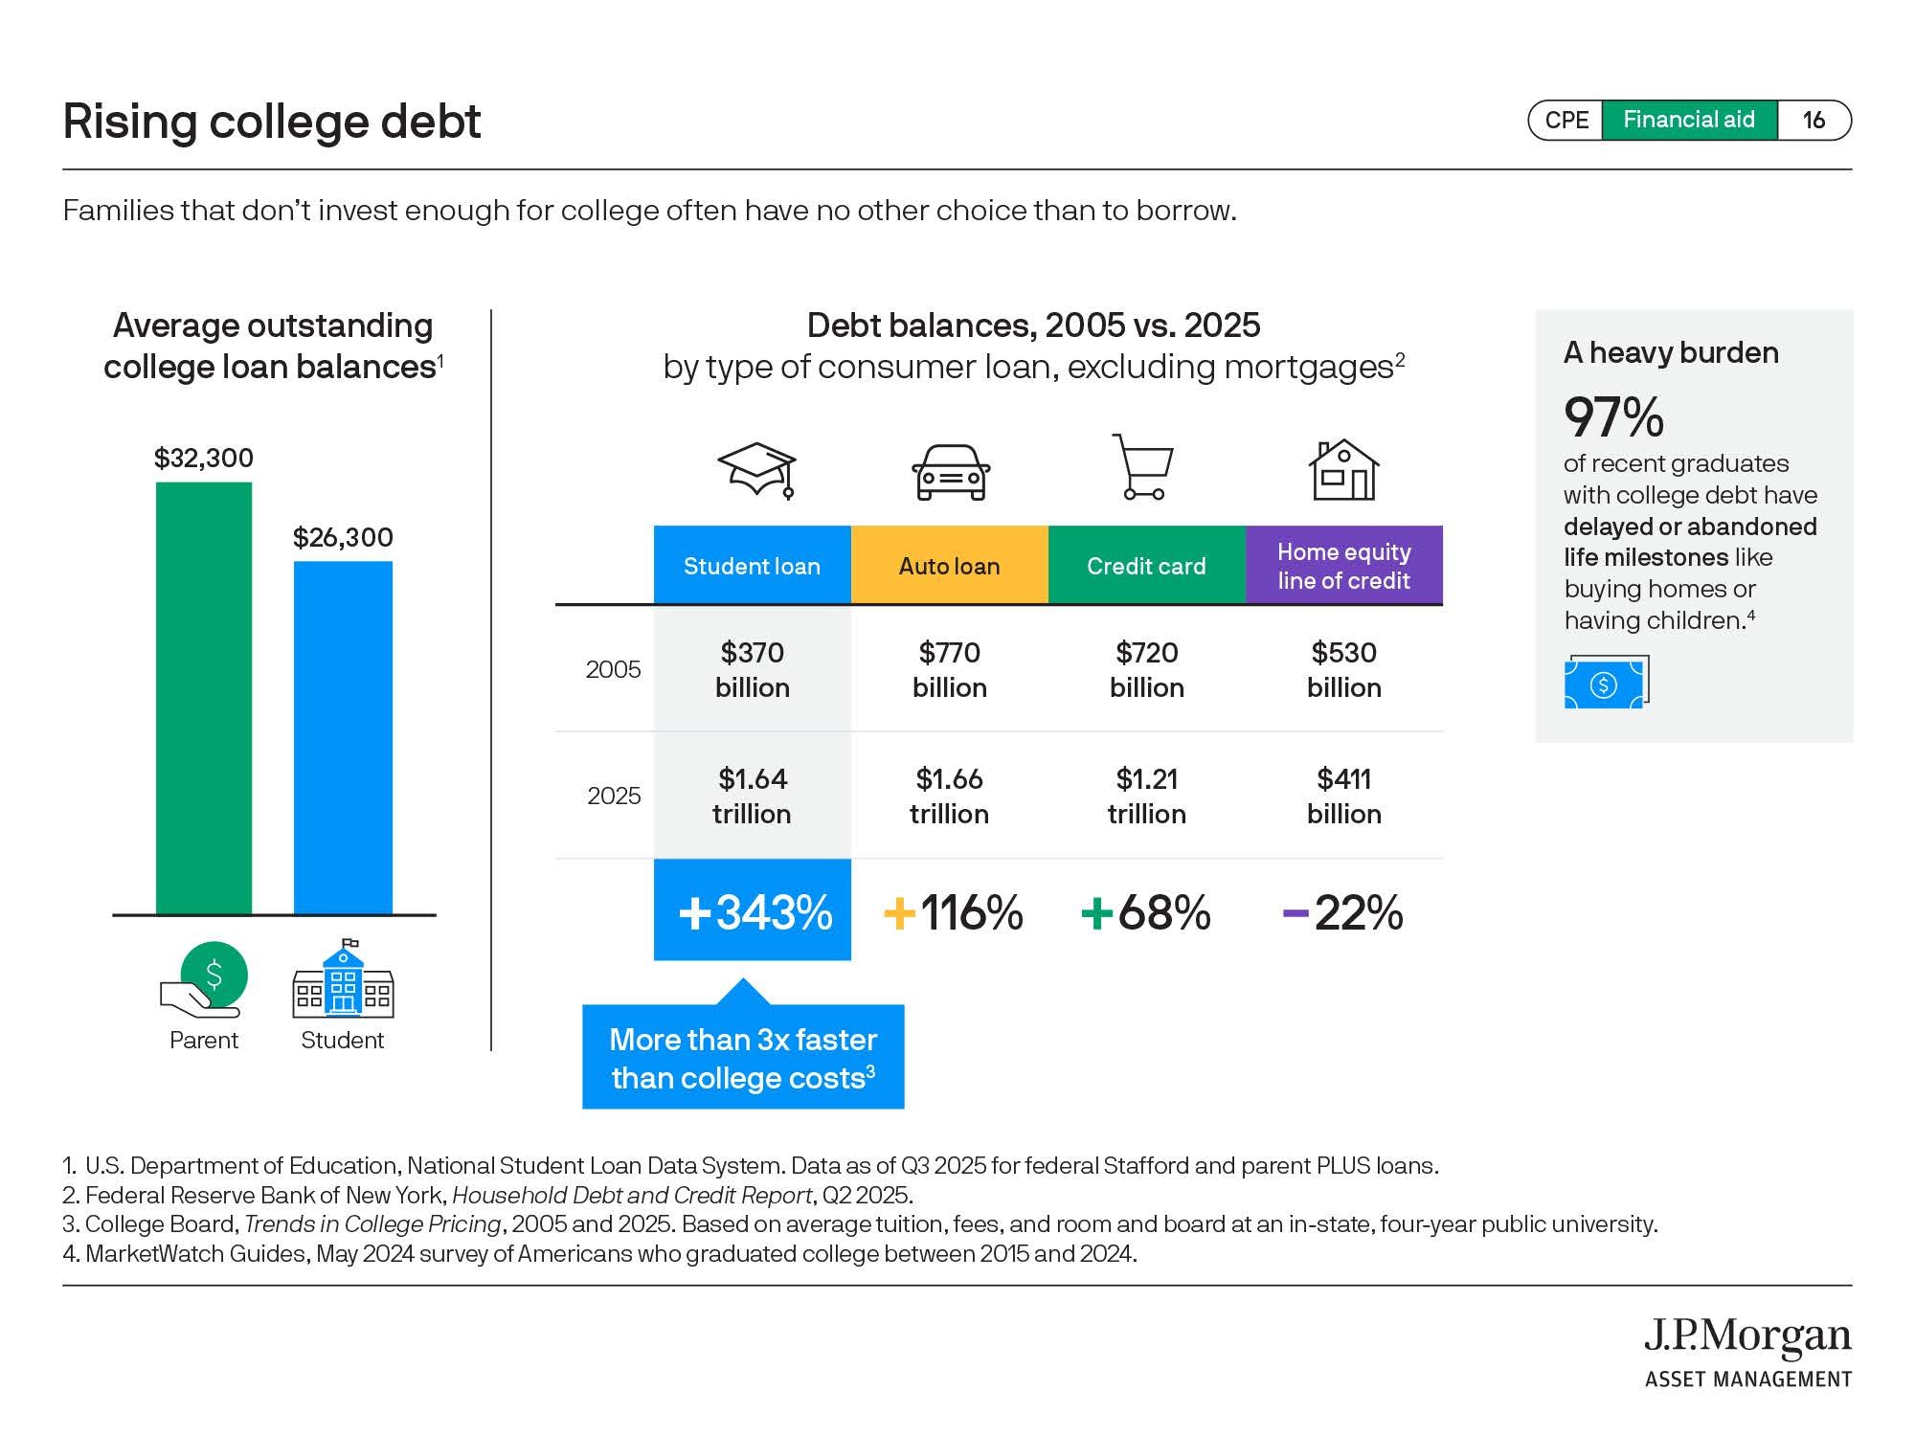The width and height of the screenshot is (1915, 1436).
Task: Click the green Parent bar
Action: tap(204, 698)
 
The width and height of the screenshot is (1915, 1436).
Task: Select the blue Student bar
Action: tap(343, 737)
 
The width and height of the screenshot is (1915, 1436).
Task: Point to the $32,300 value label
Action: tap(204, 458)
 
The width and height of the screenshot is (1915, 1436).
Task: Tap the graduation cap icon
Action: tap(757, 470)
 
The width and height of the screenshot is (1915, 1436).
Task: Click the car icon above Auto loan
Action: tap(950, 472)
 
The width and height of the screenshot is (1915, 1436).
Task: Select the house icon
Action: tap(1343, 470)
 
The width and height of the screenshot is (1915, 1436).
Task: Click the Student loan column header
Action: tap(752, 566)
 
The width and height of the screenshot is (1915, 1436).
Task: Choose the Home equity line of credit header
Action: tap(1343, 566)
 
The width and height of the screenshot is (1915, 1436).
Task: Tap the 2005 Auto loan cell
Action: tap(949, 669)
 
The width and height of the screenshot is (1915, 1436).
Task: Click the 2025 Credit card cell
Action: tap(1146, 796)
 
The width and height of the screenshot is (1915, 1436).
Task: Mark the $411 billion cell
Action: tap(1343, 796)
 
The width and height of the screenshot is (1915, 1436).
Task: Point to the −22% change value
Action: tap(1342, 912)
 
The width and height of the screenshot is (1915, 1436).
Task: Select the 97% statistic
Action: tap(1613, 416)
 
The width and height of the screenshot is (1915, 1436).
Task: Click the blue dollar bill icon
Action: tap(1606, 683)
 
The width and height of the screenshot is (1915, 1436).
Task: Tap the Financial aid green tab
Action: tap(1689, 120)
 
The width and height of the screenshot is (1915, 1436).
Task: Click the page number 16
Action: tap(1814, 120)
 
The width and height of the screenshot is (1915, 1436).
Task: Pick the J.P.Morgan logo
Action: tap(1747, 1351)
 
